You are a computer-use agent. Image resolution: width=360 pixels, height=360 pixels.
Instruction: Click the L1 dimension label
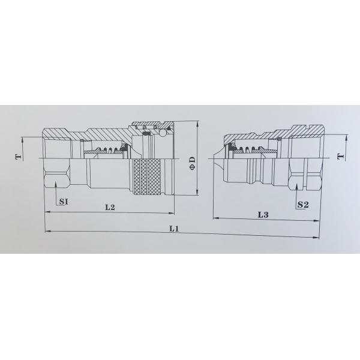(x=174, y=228)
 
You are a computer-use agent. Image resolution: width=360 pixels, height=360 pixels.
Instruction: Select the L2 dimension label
(x=110, y=207)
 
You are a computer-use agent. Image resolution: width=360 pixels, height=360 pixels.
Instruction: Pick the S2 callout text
(x=303, y=205)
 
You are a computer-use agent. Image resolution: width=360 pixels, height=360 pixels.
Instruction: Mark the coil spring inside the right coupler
(x=250, y=149)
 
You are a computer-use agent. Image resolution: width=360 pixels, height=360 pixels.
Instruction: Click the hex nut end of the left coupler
(x=57, y=178)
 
